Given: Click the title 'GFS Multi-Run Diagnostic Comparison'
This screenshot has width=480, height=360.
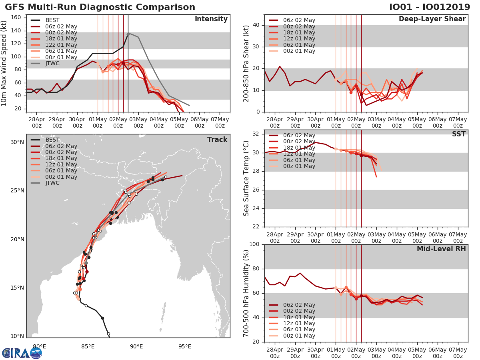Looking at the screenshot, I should [100, 7].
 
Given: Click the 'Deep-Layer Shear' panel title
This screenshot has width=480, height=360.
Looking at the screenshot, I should [432, 19].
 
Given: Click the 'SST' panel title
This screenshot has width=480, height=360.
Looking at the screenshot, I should [458, 134].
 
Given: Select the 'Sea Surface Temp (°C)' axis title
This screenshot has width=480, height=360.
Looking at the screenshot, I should [246, 178].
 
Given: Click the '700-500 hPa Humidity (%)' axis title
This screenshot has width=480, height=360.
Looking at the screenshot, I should [246, 293].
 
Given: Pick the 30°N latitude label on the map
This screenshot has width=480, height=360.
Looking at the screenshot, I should [17, 142].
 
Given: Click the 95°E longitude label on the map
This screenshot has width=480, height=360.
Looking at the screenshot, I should [185, 346].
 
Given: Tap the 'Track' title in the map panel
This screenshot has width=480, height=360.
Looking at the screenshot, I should [217, 140].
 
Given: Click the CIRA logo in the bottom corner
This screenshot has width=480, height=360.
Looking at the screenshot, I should [22, 353].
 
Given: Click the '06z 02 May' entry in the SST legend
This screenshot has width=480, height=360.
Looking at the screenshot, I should [298, 136].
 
